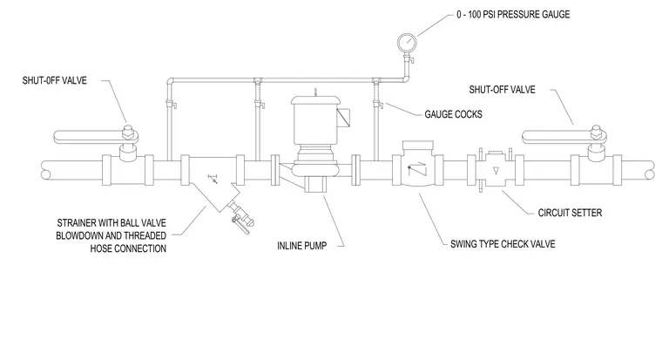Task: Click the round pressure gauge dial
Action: [x=407, y=42]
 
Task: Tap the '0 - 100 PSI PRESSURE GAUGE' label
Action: [x=513, y=15]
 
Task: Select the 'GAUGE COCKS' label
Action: [x=454, y=114]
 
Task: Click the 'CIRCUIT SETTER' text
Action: [x=570, y=213]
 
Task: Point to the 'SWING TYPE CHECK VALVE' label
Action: [x=503, y=244]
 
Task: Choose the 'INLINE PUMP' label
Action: [x=302, y=246]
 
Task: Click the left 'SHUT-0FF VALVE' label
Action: [x=55, y=81]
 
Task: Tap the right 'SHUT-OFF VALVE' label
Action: [x=502, y=90]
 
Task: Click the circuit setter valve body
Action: [x=496, y=170]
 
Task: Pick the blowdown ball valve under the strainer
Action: [x=240, y=215]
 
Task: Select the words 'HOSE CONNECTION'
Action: [x=128, y=248]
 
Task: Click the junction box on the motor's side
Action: [x=343, y=117]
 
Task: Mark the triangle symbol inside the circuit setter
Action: [x=496, y=171]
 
